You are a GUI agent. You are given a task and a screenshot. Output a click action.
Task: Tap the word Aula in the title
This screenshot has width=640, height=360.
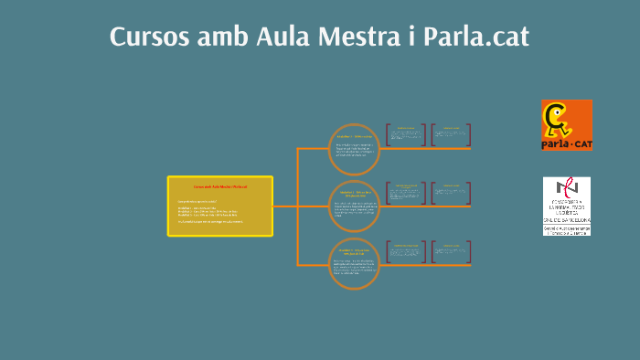tap(282, 37)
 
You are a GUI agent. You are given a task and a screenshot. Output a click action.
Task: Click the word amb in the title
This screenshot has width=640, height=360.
tap(222, 37)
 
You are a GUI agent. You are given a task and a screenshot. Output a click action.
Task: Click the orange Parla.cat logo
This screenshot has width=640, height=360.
tap(566, 125)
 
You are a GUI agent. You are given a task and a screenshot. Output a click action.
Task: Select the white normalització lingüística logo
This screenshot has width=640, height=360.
tap(566, 206)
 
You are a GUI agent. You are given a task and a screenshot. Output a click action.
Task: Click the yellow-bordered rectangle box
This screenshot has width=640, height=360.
tap(220, 206)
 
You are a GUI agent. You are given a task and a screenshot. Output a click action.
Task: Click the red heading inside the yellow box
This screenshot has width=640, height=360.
tap(220, 186)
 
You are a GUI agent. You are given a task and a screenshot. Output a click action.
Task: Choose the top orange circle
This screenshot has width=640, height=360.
tap(353, 148)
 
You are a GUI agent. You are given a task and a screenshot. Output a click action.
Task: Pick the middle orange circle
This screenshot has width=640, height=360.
tap(353, 206)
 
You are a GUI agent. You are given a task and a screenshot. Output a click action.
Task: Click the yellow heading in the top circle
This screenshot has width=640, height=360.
tap(353, 136)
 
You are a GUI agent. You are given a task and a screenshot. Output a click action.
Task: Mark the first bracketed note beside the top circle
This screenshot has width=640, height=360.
tap(406, 135)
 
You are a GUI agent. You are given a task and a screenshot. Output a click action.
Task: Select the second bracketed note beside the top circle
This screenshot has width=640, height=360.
tap(452, 135)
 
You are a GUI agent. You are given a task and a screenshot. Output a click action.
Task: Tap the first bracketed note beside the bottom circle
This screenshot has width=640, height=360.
tap(406, 252)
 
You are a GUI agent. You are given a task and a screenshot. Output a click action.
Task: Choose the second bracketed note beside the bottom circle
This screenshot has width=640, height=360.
tap(452, 252)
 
